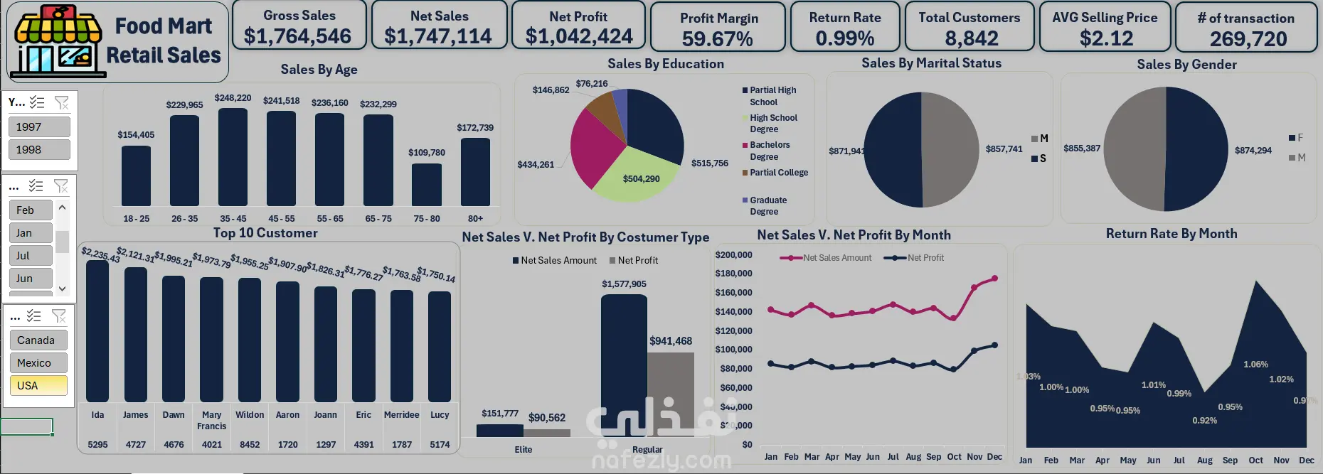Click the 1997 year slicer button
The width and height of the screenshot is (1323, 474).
pyautogui.click(x=39, y=126)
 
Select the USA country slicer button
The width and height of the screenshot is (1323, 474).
pyautogui.click(x=38, y=385)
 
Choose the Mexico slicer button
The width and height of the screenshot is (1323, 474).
pyautogui.click(x=38, y=362)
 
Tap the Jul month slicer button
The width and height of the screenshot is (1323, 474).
pyautogui.click(x=31, y=255)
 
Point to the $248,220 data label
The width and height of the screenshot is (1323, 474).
pyautogui.click(x=233, y=98)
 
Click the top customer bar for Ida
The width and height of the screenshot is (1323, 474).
pyautogui.click(x=97, y=330)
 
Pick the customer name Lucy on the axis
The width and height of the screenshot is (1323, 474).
pyautogui.click(x=440, y=415)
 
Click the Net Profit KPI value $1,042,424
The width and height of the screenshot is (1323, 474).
pyautogui.click(x=579, y=36)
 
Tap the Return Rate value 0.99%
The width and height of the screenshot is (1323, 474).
pyautogui.click(x=845, y=38)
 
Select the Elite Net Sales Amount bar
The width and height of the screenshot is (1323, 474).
pyautogui.click(x=499, y=431)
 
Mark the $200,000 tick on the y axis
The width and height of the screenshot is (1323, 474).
pyautogui.click(x=733, y=255)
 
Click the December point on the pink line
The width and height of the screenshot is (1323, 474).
pyautogui.click(x=994, y=279)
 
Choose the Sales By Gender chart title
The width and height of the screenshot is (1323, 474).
pyautogui.click(x=1186, y=65)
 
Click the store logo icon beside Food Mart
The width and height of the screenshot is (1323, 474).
pyautogui.click(x=58, y=41)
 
